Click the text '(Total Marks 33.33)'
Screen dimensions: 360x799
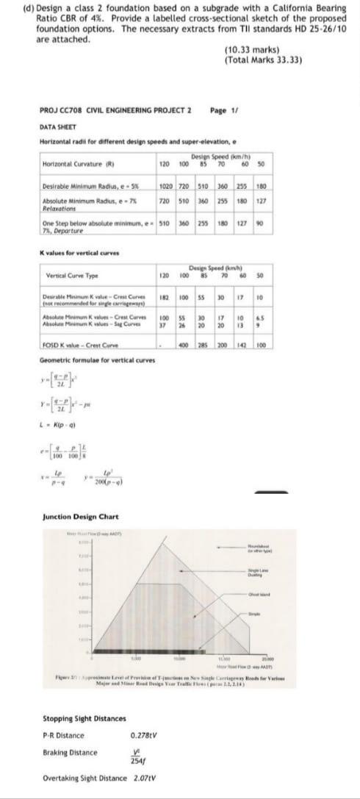tap(262, 60)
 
